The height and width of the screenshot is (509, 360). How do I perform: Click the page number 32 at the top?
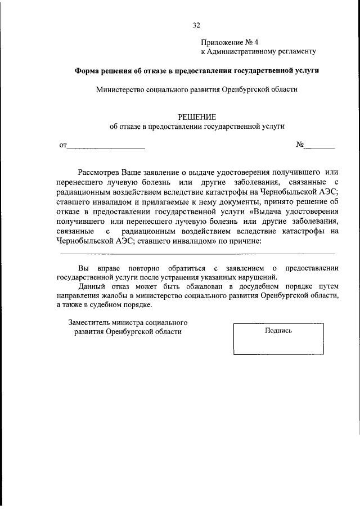[x=196, y=25]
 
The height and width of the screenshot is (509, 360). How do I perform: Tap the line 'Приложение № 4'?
[x=229, y=42]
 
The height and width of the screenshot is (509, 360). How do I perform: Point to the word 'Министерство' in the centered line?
[x=120, y=89]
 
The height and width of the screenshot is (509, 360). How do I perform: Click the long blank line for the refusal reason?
[x=197, y=254]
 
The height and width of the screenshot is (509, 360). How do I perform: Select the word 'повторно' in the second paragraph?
[x=131, y=268]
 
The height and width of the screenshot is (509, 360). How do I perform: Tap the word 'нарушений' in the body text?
[x=259, y=277]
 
